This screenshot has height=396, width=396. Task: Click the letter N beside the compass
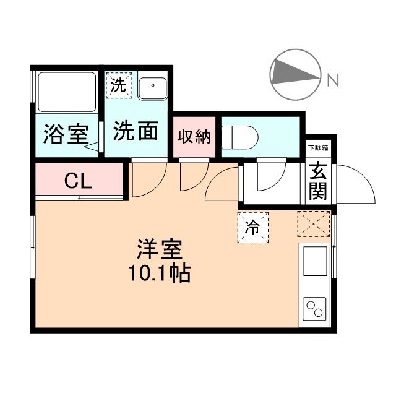pyautogui.click(x=332, y=80)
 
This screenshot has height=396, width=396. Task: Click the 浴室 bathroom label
pyautogui.click(x=65, y=134)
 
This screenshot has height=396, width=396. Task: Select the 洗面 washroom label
pyautogui.click(x=136, y=131)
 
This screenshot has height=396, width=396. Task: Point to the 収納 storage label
pyautogui.click(x=194, y=136)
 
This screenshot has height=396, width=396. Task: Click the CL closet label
pyautogui.click(x=79, y=181)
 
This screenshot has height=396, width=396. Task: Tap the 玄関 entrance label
pyautogui.click(x=318, y=182)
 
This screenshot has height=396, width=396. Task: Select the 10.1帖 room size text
pyautogui.click(x=159, y=272)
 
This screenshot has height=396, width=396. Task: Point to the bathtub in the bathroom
pyautogui.click(x=66, y=93)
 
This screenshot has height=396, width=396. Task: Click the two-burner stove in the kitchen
pyautogui.click(x=315, y=308)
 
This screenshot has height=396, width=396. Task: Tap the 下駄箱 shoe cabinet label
pyautogui.click(x=318, y=148)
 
